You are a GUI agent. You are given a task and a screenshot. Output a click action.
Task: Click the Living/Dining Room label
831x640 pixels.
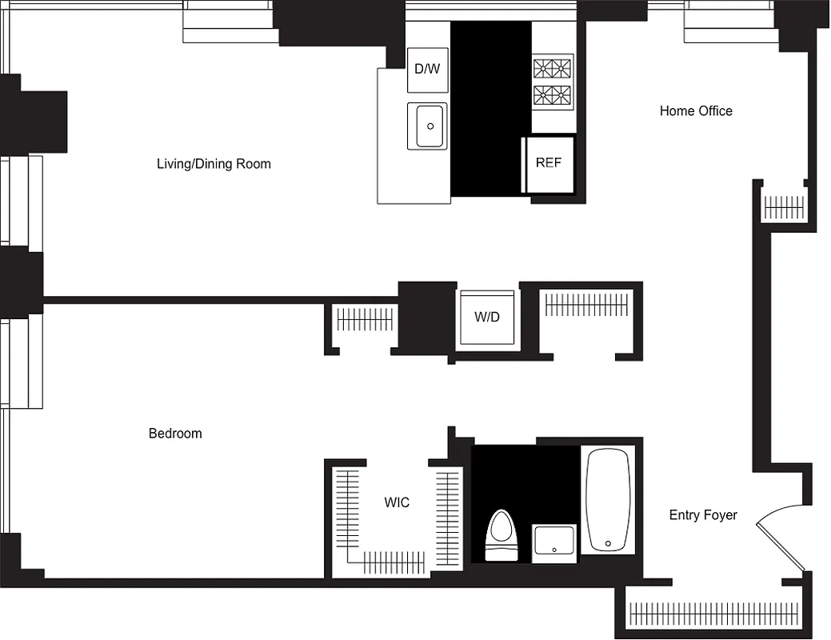(x=214, y=164)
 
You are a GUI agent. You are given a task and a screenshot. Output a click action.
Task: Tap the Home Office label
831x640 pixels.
(x=696, y=111)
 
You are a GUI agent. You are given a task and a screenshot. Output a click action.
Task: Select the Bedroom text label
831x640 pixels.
(x=175, y=434)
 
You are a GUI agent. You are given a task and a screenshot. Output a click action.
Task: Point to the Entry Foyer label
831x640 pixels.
(x=703, y=515)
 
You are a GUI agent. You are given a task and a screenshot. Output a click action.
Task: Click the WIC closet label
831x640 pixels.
(x=397, y=502)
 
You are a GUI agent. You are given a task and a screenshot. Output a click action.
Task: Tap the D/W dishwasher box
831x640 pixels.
(x=427, y=69)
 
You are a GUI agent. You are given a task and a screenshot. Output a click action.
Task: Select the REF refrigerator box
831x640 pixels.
(x=549, y=163)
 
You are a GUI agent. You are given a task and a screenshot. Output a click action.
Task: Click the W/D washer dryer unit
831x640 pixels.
(x=486, y=317)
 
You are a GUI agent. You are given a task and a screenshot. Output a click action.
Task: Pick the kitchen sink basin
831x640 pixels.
(x=428, y=126)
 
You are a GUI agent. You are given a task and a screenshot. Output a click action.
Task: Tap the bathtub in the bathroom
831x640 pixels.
(x=609, y=500)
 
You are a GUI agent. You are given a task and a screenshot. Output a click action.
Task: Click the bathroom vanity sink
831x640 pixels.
(x=553, y=543)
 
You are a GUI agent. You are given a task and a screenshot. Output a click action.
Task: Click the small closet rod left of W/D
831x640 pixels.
(x=365, y=320)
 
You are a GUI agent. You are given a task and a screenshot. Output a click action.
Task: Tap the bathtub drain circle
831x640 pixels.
(x=608, y=544)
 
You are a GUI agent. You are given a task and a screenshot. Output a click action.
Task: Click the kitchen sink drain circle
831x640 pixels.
(x=430, y=126)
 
